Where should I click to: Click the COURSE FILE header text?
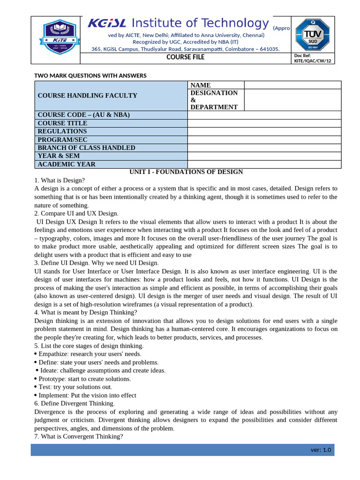tap(186, 58)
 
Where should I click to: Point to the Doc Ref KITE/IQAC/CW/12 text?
tap(312, 58)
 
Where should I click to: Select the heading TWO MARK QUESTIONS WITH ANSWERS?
tap(90, 75)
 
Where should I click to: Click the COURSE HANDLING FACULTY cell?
tap(88, 96)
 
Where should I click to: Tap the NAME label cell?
tap(201, 85)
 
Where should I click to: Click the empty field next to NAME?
tap(292, 85)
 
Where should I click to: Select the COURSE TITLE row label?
tap(62, 123)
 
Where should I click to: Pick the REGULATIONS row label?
tap(62, 131)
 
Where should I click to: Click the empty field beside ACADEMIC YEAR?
tap(264, 164)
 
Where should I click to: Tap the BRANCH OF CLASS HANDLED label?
tap(86, 148)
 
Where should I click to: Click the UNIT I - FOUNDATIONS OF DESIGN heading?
tap(186, 172)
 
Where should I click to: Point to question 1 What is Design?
tap(60, 180)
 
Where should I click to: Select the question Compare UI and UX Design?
tap(76, 213)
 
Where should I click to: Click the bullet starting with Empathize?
tap(89, 354)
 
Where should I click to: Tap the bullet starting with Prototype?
tap(84, 379)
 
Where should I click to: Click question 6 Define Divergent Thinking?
tap(74, 403)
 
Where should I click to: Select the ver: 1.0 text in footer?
tap(321, 450)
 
